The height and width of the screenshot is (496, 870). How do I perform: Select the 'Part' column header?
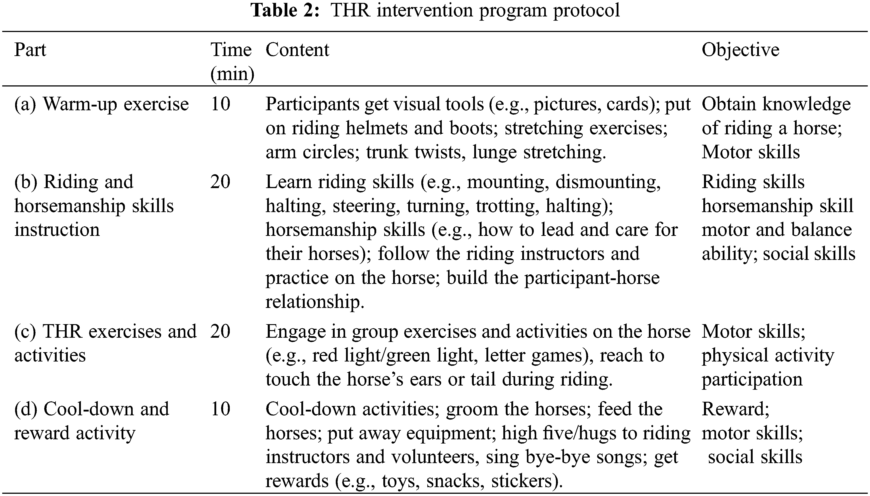click(x=30, y=50)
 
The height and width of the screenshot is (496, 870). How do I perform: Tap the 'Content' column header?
click(x=297, y=50)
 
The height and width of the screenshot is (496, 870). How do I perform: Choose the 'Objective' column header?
click(x=740, y=50)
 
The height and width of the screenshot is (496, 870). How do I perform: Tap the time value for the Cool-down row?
click(x=220, y=409)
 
